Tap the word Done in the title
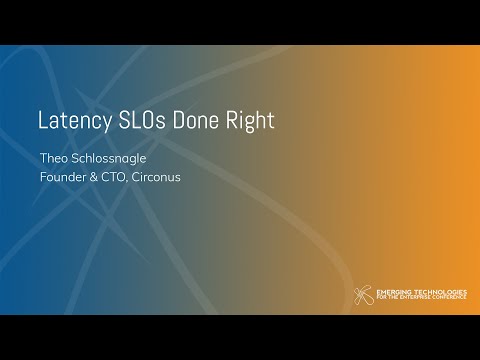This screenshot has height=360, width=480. (198, 121)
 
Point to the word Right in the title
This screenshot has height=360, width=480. (250, 121)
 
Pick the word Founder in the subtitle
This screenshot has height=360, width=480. (63, 181)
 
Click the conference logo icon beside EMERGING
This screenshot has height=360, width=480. (363, 296)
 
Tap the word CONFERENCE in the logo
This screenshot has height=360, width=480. (449, 299)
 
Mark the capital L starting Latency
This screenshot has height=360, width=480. (42, 121)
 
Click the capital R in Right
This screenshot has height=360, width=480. (233, 121)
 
